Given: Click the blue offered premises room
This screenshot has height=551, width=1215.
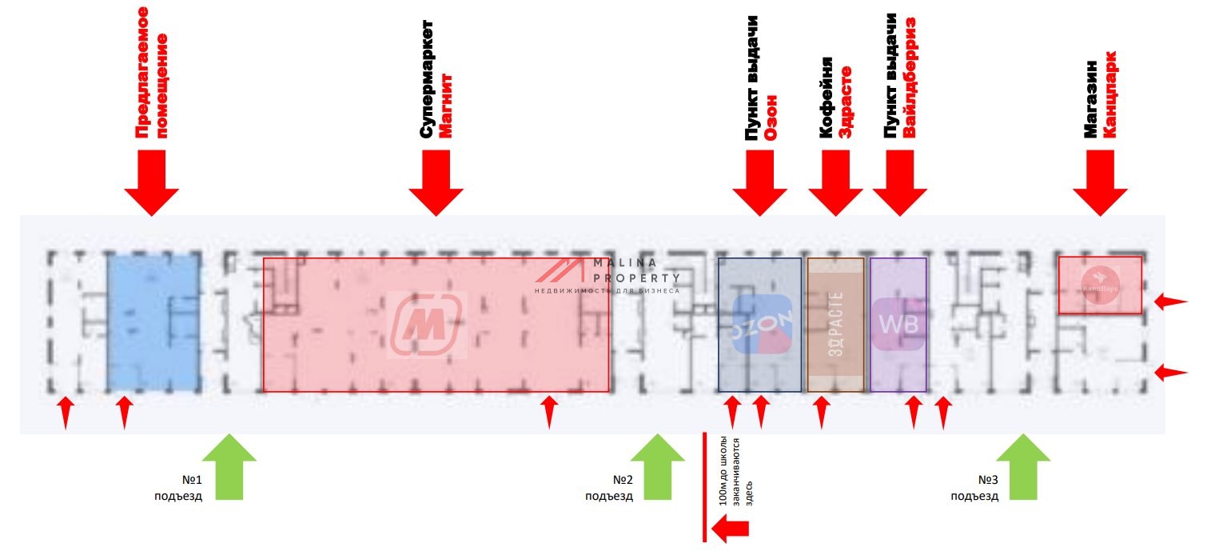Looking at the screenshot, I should (x=153, y=321).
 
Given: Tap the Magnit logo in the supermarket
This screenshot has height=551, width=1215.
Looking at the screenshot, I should (x=428, y=325).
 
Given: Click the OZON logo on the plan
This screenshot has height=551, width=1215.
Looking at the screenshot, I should (x=762, y=325).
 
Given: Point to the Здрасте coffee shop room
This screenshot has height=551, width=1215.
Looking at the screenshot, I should (x=835, y=324).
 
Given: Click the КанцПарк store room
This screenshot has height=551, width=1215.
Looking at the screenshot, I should (x=1100, y=285).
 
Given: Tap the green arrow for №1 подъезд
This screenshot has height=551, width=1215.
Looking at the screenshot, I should (x=229, y=467).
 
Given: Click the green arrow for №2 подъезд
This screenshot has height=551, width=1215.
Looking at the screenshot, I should (x=658, y=467).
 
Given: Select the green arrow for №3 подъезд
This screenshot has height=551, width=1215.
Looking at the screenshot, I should (x=1022, y=467).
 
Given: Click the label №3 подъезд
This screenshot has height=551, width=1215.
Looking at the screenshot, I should (x=975, y=488).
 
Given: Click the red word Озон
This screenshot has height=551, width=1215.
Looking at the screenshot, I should (x=771, y=119).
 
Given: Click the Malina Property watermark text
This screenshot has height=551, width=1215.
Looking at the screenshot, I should (x=636, y=270).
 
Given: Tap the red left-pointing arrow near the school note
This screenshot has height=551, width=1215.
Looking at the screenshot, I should (x=730, y=528).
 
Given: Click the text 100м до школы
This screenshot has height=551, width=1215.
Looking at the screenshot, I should (x=724, y=472).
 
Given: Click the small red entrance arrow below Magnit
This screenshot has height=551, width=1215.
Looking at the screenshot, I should (x=548, y=412).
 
